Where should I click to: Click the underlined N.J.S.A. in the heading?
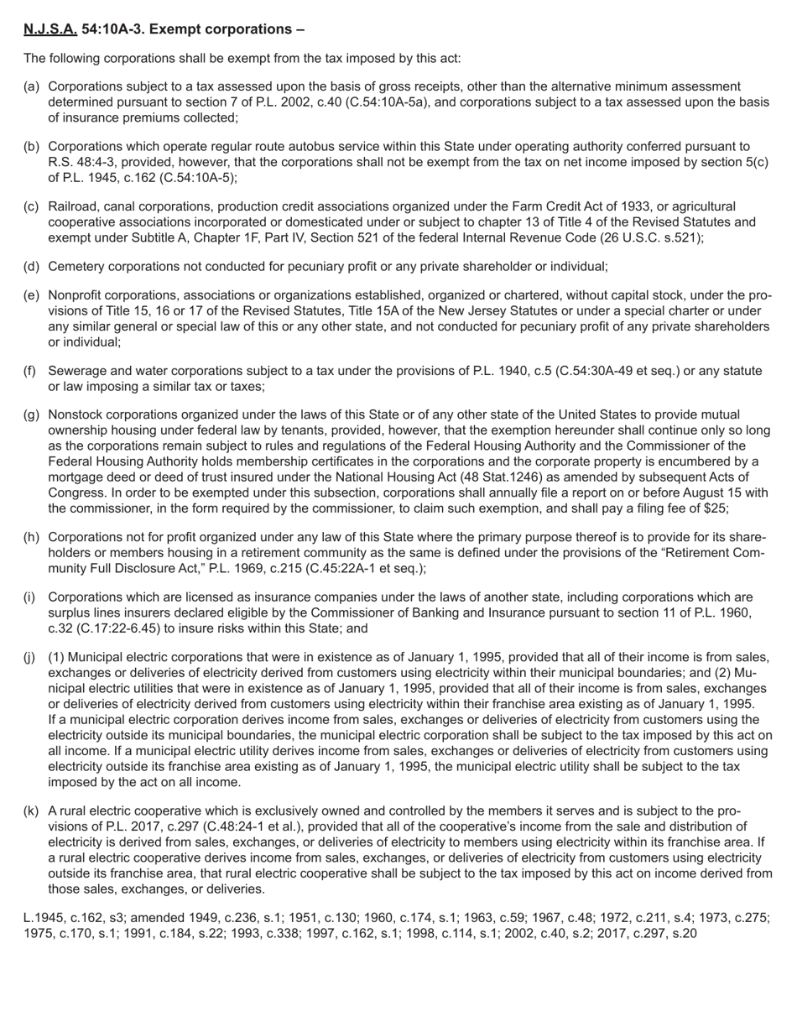[50, 29]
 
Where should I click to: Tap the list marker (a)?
[31, 86]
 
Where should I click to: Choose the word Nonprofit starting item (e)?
[78, 295]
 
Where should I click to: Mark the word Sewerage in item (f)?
[78, 371]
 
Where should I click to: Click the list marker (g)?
[31, 414]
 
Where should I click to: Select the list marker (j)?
[31, 658]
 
